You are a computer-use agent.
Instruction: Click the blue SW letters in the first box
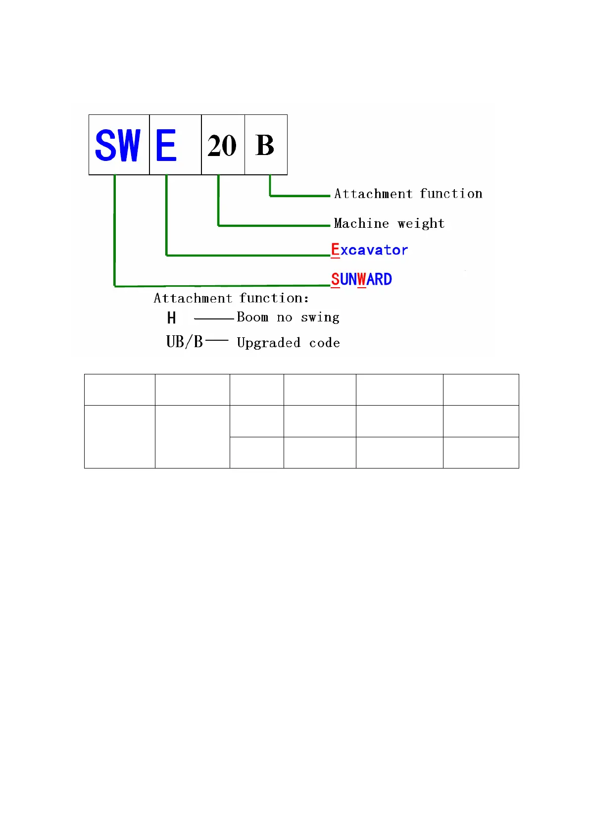click(x=118, y=145)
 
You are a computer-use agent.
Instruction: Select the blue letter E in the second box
click(x=166, y=145)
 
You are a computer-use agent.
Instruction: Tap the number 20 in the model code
click(x=222, y=146)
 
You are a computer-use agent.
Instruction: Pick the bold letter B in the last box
click(x=265, y=145)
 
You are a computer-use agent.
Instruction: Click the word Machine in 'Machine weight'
click(x=361, y=223)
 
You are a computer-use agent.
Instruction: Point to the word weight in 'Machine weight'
click(x=421, y=224)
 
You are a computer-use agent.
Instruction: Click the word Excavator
click(x=369, y=250)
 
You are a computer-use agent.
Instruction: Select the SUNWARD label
click(x=361, y=279)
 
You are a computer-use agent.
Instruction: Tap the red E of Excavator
click(x=335, y=250)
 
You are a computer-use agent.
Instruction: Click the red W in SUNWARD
click(x=362, y=279)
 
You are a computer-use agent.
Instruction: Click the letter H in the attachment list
click(x=171, y=318)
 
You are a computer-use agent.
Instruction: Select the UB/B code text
click(x=185, y=342)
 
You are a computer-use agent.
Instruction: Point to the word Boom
click(x=252, y=317)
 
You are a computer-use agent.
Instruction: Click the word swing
click(x=320, y=317)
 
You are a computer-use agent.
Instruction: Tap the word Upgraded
click(x=269, y=343)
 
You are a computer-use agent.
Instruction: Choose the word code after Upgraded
click(x=325, y=343)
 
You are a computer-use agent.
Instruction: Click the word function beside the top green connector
click(x=451, y=194)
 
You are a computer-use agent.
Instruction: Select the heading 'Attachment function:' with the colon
click(x=231, y=298)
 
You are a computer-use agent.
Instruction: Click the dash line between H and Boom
click(x=214, y=319)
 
